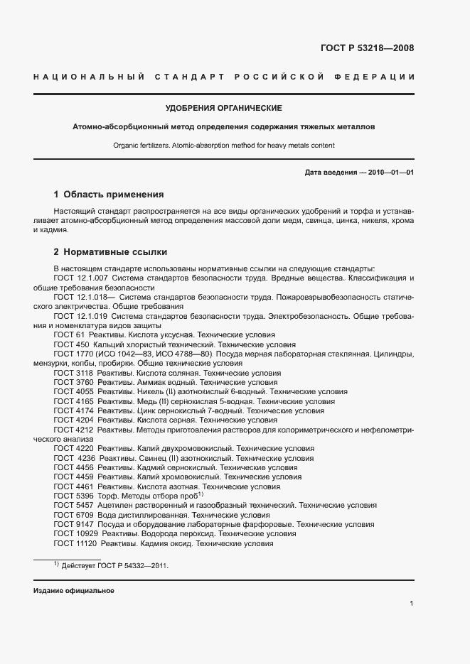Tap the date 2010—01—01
[x=388, y=173]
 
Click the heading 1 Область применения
[x=109, y=194]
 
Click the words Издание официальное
[x=73, y=591]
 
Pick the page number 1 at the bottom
[x=412, y=604]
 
